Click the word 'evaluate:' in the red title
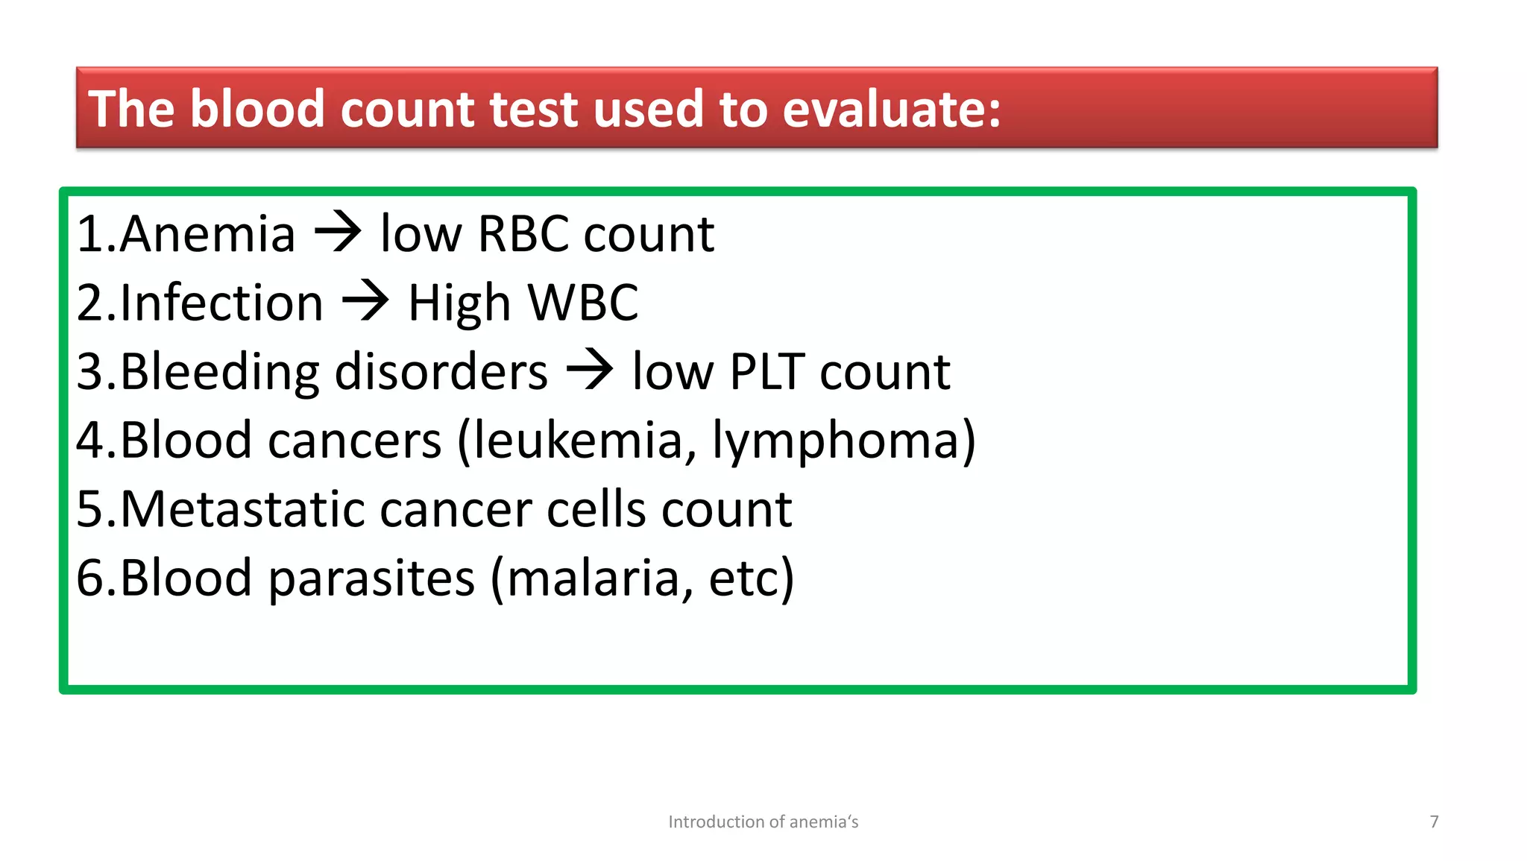click(x=891, y=110)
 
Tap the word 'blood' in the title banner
click(x=257, y=110)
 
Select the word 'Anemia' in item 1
click(x=207, y=234)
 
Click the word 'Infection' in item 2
click(x=221, y=303)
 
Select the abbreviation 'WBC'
click(x=583, y=303)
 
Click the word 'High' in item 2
click(x=459, y=304)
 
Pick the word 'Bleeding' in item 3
click(x=219, y=371)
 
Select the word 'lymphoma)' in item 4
click(x=844, y=441)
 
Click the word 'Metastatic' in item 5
click(x=242, y=509)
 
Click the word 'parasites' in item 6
click(x=371, y=578)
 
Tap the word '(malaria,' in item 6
click(x=593, y=578)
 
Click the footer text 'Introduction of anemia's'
click(x=763, y=821)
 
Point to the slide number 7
click(x=1434, y=821)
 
